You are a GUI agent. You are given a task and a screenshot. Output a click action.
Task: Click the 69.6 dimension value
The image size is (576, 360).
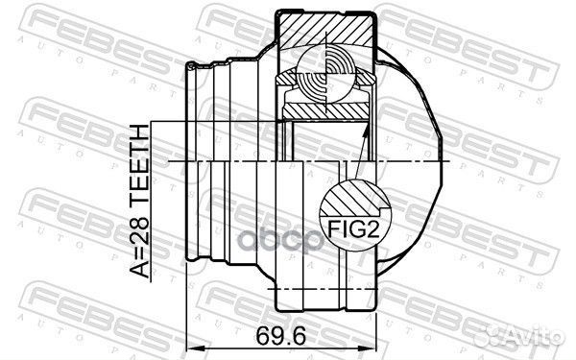280,336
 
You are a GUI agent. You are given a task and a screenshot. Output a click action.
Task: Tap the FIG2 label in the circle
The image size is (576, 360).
352,228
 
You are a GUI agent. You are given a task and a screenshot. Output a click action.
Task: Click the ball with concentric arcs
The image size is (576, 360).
326,77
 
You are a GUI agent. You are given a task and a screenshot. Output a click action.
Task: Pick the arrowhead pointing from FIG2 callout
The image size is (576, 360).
366,129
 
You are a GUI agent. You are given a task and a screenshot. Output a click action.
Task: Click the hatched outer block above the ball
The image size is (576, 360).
326,30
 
